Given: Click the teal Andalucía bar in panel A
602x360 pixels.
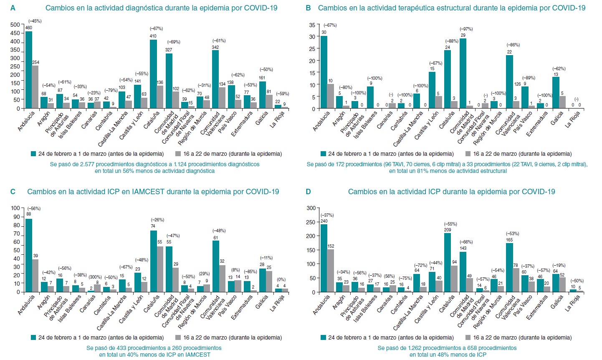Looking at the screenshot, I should point(29,70).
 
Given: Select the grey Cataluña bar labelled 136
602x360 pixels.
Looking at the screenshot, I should point(160,97).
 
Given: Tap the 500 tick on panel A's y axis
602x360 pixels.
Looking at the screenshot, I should point(15,25).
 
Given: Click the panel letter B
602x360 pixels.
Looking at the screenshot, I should point(309,8).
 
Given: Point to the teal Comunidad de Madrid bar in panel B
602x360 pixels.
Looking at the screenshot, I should point(463,74).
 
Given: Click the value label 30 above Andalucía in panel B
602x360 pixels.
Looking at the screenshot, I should point(324,32).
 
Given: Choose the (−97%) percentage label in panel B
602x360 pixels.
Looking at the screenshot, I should point(466,29).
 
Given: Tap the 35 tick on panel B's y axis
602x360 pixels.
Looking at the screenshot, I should point(312,25).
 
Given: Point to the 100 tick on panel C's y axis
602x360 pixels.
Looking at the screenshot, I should point(15,208).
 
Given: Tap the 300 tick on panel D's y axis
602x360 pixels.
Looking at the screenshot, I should point(311,208).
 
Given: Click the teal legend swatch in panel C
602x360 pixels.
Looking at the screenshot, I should point(34,337).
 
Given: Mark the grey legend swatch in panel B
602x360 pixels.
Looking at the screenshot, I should point(468,154).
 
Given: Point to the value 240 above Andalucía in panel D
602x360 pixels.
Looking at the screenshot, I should point(324,221).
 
